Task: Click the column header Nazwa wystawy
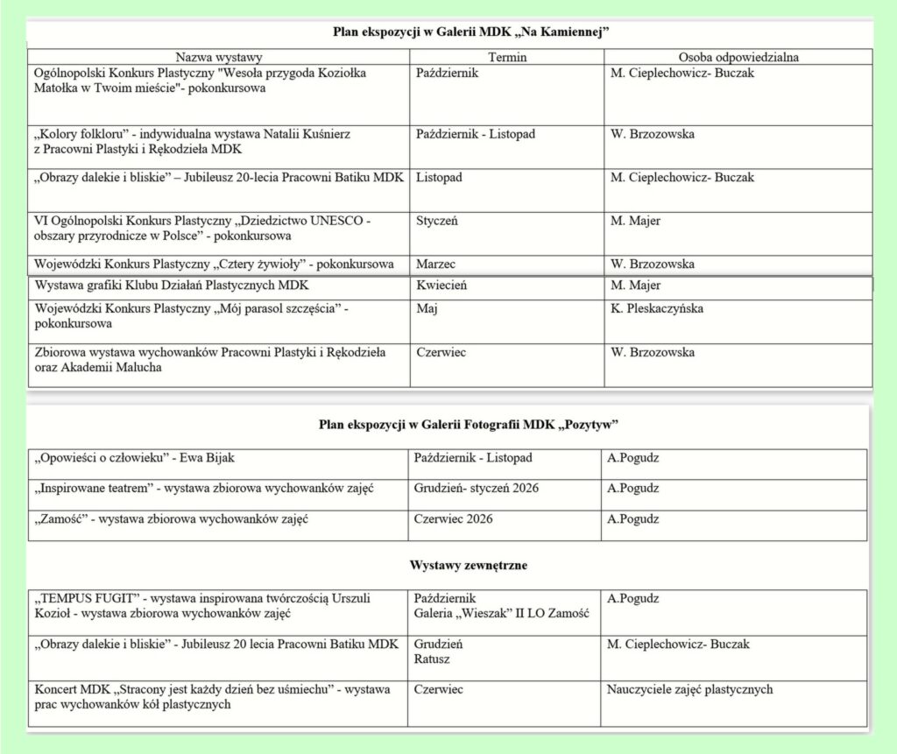click(218, 57)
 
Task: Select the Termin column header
click(507, 57)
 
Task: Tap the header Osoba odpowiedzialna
click(738, 57)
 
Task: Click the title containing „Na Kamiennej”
click(470, 32)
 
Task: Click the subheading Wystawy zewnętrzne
click(469, 566)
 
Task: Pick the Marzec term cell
click(437, 264)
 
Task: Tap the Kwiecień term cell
click(441, 285)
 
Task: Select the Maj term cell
click(427, 308)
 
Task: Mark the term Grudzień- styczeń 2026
click(474, 488)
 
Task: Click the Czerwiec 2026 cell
click(453, 518)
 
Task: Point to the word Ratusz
click(431, 659)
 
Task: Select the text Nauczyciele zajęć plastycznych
click(689, 689)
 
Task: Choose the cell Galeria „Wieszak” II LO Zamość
click(501, 613)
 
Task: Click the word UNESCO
click(333, 222)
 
